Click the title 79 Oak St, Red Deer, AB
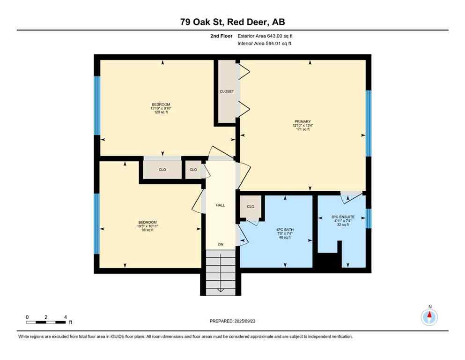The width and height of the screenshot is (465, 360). pyautogui.click(x=232, y=22)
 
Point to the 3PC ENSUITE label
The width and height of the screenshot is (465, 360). pyautogui.click(x=343, y=217)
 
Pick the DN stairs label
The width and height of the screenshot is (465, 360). pyautogui.click(x=220, y=244)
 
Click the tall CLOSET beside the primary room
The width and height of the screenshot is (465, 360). pyautogui.click(x=227, y=91)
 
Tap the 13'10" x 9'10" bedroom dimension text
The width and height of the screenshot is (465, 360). pyautogui.click(x=161, y=109)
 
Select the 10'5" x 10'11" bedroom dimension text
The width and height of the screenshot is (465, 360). pyautogui.click(x=148, y=226)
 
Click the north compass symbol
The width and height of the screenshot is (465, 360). pyautogui.click(x=429, y=317)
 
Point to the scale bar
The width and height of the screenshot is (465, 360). pyautogui.click(x=46, y=322)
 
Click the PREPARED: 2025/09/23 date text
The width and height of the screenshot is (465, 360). pyautogui.click(x=232, y=321)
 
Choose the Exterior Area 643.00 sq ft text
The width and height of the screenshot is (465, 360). pyautogui.click(x=266, y=36)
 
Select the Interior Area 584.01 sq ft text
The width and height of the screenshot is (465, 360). pyautogui.click(x=265, y=44)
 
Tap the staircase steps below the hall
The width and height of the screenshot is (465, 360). pyautogui.click(x=220, y=272)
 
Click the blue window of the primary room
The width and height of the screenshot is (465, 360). pyautogui.click(x=368, y=123)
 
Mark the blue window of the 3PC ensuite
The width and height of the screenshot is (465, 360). pyautogui.click(x=368, y=218)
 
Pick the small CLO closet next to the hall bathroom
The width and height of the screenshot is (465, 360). pyautogui.click(x=251, y=207)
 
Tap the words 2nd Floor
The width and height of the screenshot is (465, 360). pyautogui.click(x=222, y=36)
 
